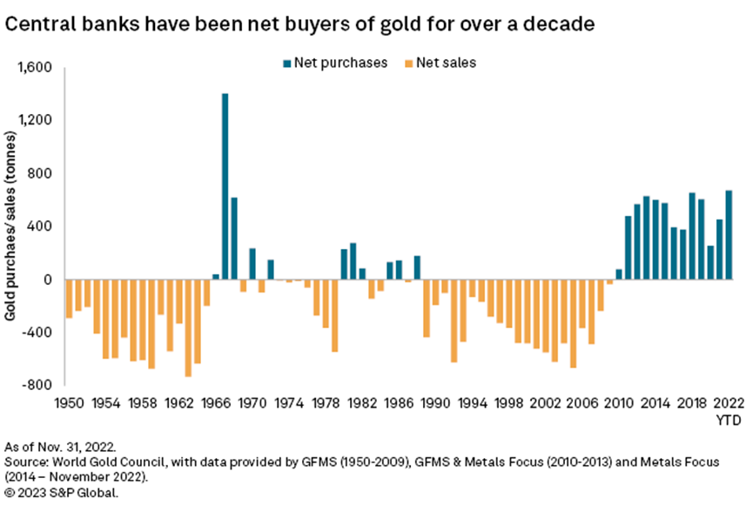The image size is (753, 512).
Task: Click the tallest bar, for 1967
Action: (x=225, y=186)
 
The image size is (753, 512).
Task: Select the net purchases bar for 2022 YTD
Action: (x=729, y=235)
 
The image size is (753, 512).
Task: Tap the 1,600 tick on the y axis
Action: (x=36, y=67)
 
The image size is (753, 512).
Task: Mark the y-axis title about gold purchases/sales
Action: (x=14, y=225)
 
